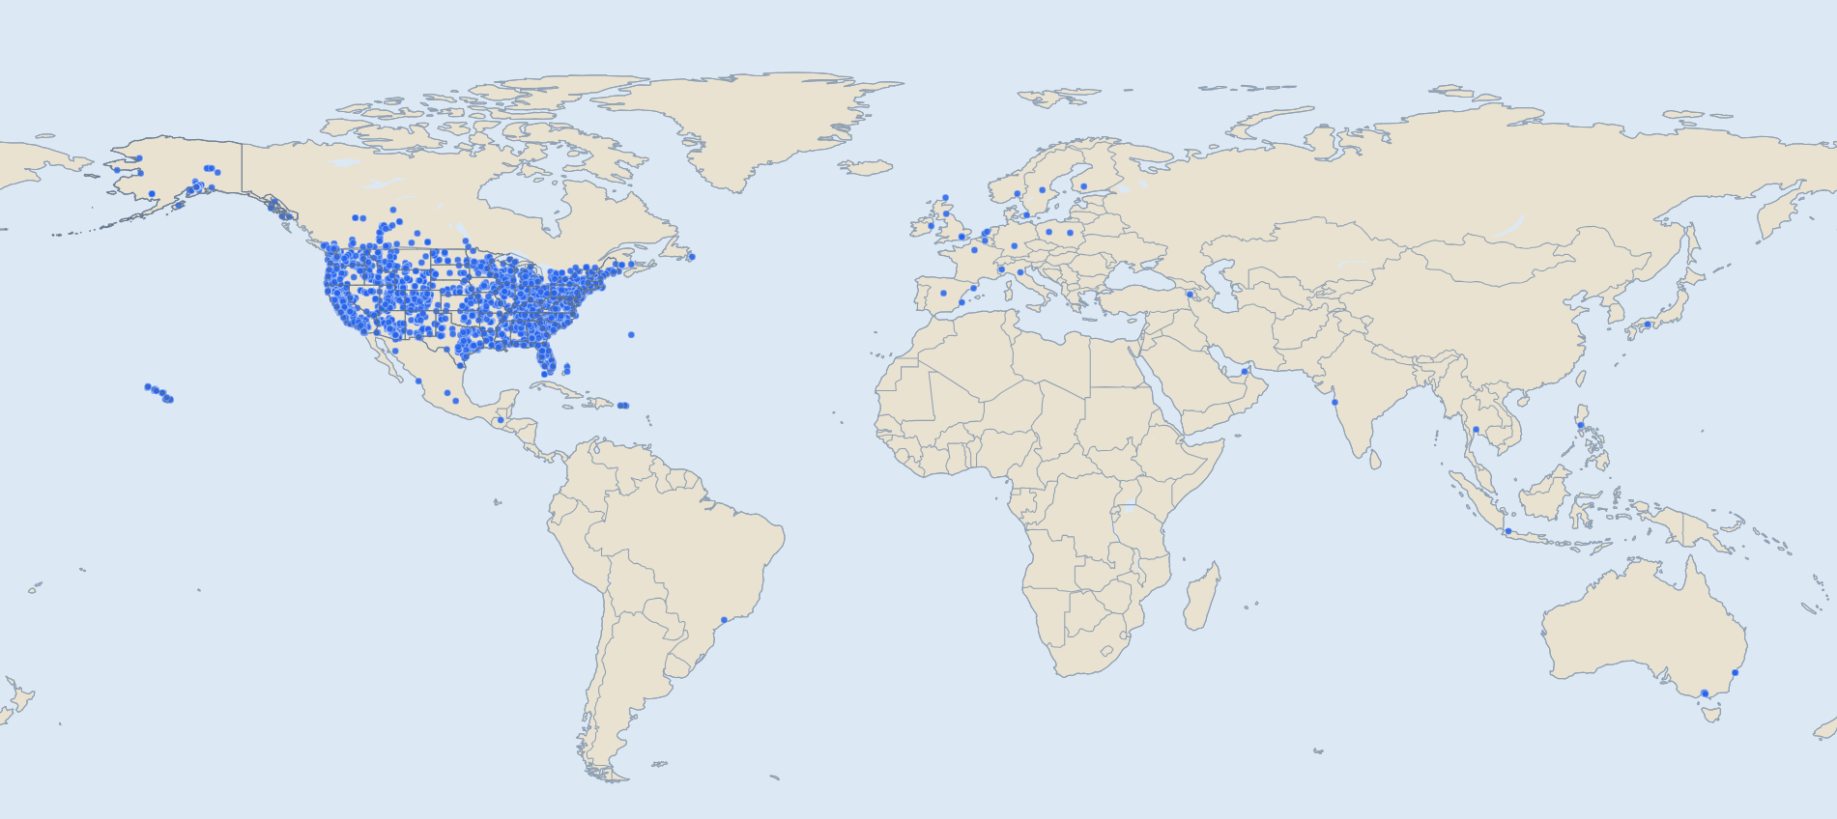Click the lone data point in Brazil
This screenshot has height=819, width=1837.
(x=724, y=620)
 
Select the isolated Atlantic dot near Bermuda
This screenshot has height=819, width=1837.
(x=631, y=335)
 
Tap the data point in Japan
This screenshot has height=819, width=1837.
(x=1648, y=325)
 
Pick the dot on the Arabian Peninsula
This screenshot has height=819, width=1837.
(x=1245, y=372)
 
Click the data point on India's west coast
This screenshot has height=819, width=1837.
(x=1335, y=402)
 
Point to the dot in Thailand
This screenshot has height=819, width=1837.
(x=1476, y=430)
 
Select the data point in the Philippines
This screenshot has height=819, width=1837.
(x=1580, y=425)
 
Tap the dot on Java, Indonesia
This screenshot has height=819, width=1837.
(x=1507, y=531)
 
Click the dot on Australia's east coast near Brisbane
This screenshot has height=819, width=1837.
(x=1736, y=672)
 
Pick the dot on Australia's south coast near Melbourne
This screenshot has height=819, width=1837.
(x=1705, y=693)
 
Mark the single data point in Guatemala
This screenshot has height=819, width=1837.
(x=501, y=420)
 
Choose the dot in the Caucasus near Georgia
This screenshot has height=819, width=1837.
(x=1190, y=295)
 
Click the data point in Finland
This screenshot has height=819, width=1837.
(x=1083, y=186)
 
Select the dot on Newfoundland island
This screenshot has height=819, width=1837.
(x=691, y=257)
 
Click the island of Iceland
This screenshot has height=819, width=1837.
(x=865, y=167)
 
